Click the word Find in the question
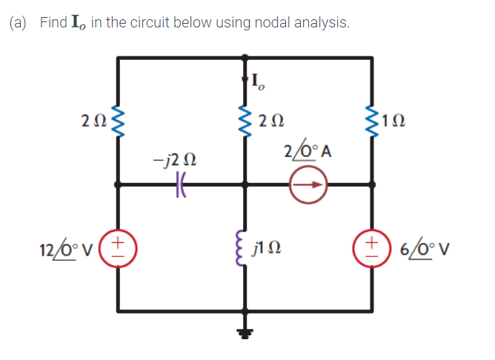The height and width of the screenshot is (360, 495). click(x=54, y=23)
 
